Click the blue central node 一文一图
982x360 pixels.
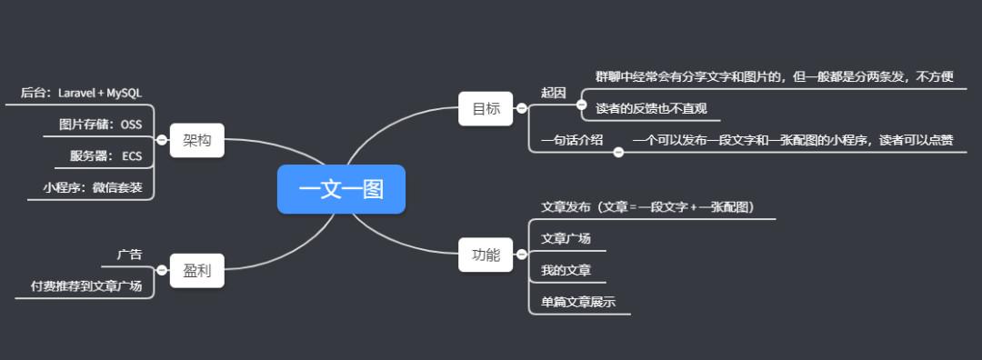click(x=341, y=189)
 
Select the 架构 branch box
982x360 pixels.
click(x=196, y=140)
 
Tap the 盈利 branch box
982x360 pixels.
click(x=196, y=270)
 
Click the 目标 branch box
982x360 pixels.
click(x=486, y=108)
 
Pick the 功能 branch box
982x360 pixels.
click(x=486, y=255)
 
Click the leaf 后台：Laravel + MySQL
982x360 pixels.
click(x=81, y=93)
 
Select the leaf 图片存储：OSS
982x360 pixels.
click(x=100, y=125)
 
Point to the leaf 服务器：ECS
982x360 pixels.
click(x=106, y=155)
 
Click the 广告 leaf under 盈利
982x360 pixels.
click(x=130, y=255)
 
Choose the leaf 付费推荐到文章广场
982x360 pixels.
click(x=86, y=285)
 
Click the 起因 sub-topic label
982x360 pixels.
click(x=554, y=93)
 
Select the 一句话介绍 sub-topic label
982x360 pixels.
click(x=572, y=140)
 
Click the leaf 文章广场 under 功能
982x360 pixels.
click(x=566, y=238)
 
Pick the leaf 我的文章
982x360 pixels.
click(x=566, y=270)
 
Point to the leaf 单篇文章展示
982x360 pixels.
click(x=578, y=302)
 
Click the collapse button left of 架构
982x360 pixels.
click(x=162, y=140)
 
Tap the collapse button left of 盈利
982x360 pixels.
click(x=162, y=270)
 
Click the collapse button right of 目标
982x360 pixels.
click(x=521, y=108)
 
